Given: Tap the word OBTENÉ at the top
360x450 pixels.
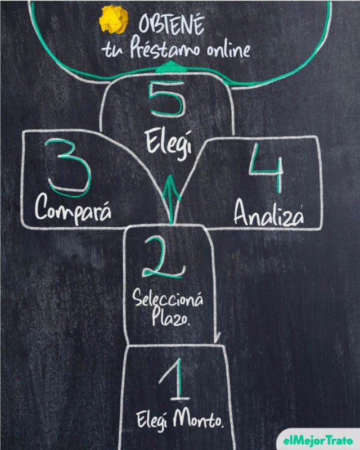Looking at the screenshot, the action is click(x=172, y=24).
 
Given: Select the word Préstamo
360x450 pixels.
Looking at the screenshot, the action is click(x=164, y=48).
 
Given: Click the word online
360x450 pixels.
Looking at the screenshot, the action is click(x=228, y=49).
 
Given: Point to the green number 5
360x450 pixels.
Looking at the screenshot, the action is click(x=166, y=99).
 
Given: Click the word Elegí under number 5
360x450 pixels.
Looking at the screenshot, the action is click(x=169, y=144).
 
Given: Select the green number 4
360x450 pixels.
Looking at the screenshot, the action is click(x=266, y=168).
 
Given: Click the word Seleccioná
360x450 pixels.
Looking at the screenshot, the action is click(x=168, y=298).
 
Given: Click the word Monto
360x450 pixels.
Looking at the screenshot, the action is click(x=198, y=419).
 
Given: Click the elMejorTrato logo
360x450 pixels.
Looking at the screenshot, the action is click(x=318, y=440).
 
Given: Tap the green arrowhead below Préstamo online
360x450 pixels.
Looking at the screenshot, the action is click(x=170, y=66).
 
